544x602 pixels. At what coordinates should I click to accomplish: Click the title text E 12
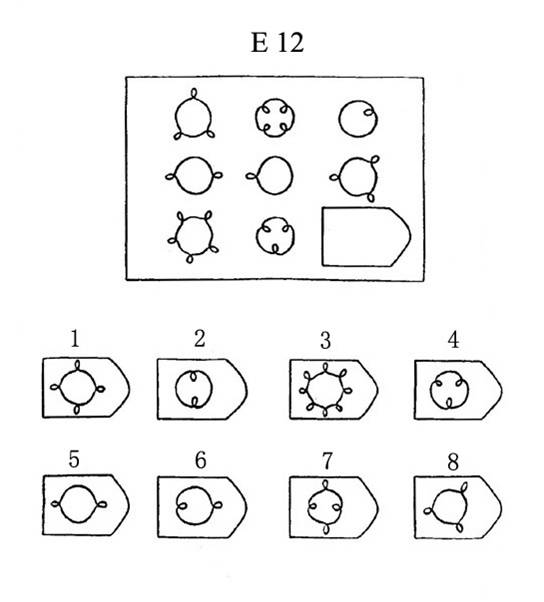tap(277, 42)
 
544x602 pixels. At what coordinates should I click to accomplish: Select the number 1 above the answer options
tap(75, 339)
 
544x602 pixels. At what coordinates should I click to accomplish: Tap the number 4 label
tap(453, 340)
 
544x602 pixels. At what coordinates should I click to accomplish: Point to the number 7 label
tap(327, 461)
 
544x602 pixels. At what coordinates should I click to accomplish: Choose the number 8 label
tap(453, 462)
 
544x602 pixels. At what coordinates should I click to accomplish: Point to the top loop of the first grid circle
tap(194, 93)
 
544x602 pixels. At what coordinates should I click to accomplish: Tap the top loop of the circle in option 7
tap(326, 485)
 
